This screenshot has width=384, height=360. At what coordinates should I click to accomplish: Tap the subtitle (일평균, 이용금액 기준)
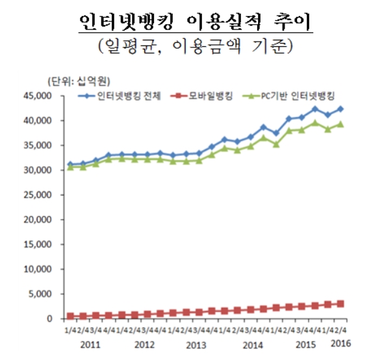pos(193,47)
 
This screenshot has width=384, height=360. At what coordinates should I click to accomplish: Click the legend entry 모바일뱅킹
pos(209,96)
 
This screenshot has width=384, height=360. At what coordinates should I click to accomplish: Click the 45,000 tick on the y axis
pos(36,96)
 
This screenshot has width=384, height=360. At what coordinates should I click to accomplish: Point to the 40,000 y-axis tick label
pos(36,121)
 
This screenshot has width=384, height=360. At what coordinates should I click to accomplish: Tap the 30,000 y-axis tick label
pos(36,170)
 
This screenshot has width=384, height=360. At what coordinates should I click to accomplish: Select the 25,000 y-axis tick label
pos(36,195)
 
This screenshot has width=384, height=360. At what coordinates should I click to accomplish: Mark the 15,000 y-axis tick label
pos(36,244)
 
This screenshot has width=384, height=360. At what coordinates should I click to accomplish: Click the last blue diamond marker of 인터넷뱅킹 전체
pos(340,109)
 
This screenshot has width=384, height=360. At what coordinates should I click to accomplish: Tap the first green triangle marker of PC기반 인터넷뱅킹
pos(70,167)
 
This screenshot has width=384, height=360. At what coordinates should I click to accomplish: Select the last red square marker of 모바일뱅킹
pos(340,303)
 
